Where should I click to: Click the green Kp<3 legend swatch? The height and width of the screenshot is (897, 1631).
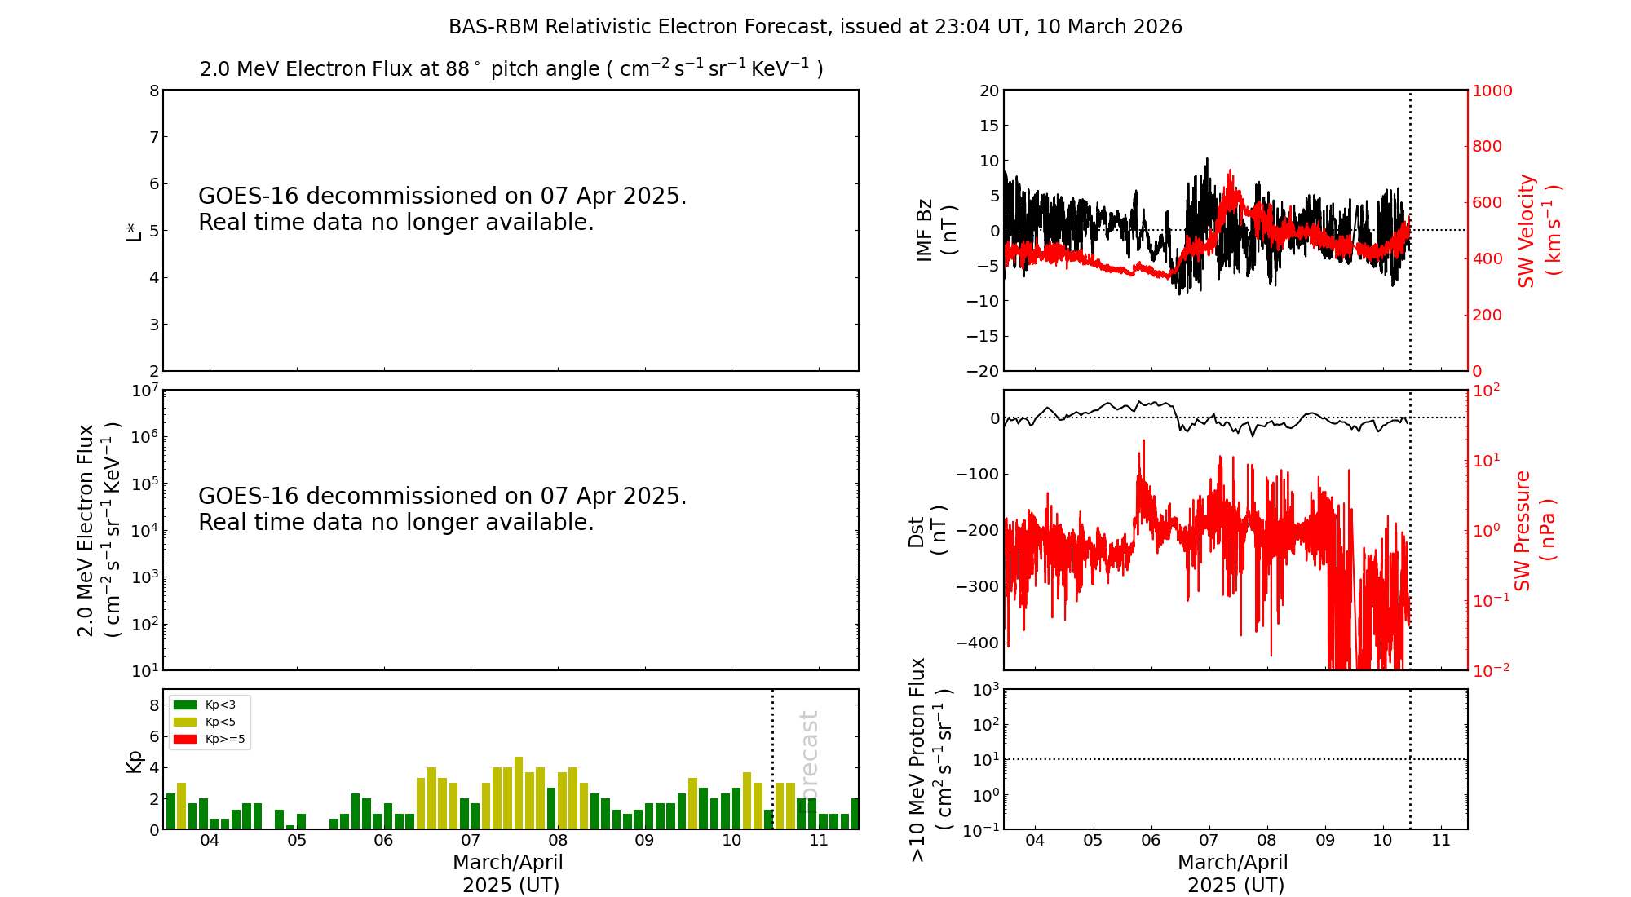185,705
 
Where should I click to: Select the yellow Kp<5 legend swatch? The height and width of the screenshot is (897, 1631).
185,722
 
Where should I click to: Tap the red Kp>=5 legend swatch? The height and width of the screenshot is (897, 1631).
185,740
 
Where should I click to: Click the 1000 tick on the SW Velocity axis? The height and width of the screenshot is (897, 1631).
1492,91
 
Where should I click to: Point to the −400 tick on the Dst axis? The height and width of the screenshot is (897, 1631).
978,643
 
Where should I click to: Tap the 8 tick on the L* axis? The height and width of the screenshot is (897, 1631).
154,91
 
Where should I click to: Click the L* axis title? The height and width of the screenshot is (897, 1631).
134,231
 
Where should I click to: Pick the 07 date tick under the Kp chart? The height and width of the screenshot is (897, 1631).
471,841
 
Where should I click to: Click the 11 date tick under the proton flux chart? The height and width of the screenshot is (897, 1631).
1441,841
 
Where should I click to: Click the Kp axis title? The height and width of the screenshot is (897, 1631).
134,761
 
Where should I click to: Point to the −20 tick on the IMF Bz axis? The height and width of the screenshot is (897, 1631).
981,371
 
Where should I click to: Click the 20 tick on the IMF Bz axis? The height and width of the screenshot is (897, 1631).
989,91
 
